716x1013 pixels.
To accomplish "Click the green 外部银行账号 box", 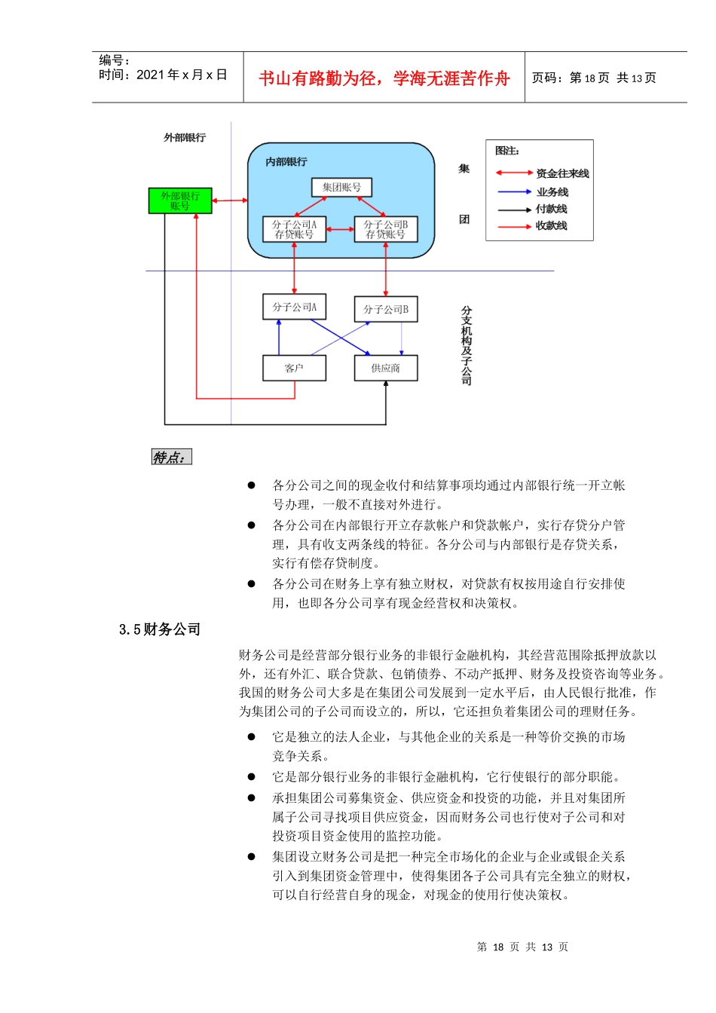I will (180, 200).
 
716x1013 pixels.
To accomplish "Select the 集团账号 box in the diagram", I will (341, 188).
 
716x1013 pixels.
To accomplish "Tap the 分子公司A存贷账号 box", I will (294, 229).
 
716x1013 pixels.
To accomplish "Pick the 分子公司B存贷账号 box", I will (386, 229).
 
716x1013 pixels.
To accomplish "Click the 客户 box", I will (294, 368).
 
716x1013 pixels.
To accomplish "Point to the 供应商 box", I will (386, 368).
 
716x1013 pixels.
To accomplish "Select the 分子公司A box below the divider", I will (294, 307).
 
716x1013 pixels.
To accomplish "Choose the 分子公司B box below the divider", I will (386, 309).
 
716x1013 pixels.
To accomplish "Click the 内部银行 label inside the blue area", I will (286, 162).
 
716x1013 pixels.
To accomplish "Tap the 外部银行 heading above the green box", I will (185, 137).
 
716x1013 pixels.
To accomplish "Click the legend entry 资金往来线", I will (562, 173).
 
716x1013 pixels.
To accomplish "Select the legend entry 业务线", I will (552, 192).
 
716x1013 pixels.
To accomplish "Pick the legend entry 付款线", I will (551, 209).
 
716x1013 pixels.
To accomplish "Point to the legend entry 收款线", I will (551, 225).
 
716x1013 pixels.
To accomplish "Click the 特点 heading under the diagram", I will (171, 458).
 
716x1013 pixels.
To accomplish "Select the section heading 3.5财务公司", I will (160, 629).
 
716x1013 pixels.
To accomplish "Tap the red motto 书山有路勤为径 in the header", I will (384, 78).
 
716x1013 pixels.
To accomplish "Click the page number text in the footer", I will (522, 947).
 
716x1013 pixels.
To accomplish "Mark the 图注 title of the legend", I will (507, 151).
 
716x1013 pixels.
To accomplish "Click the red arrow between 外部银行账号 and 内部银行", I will (230, 200).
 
